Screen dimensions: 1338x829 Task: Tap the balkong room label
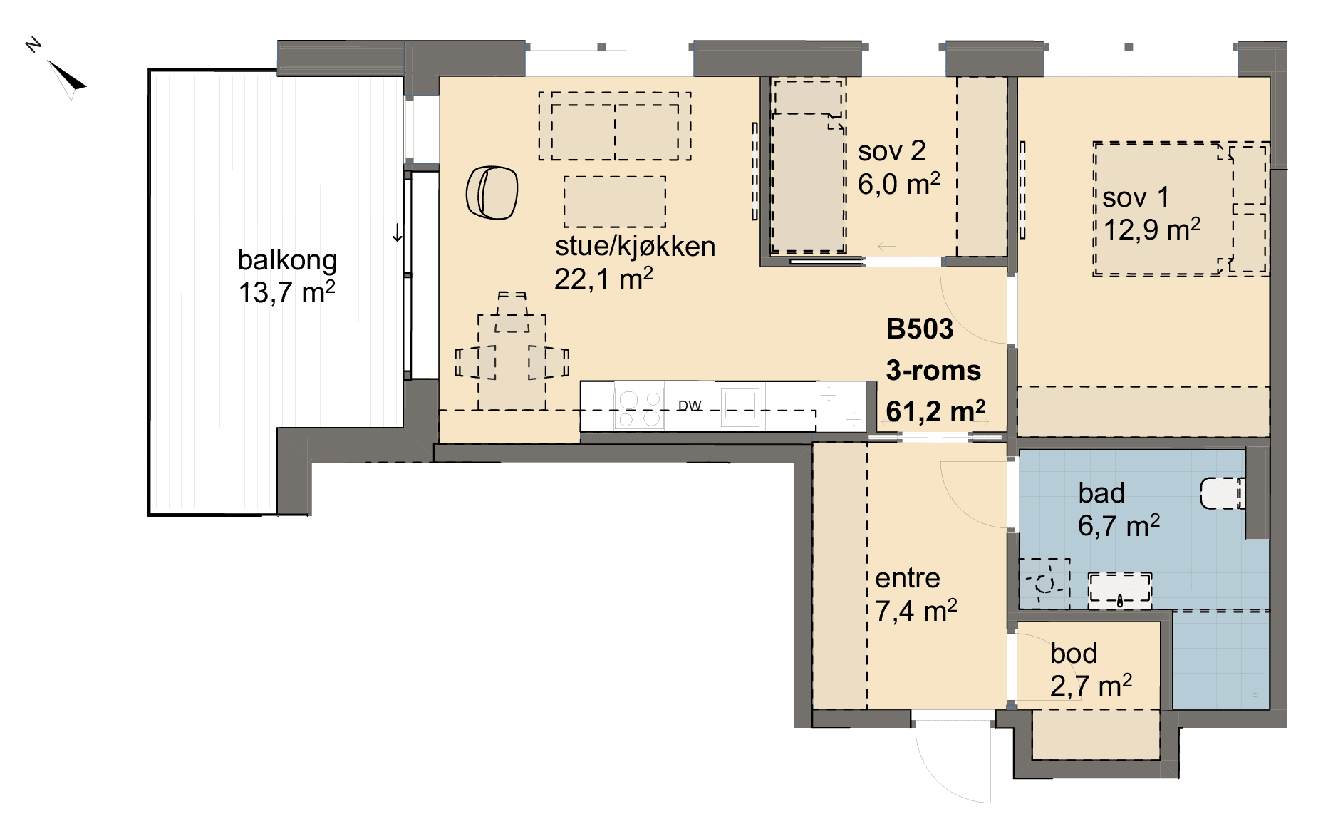coord(287,261)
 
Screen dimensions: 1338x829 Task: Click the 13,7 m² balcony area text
coord(286,292)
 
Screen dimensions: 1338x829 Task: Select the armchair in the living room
coord(492,192)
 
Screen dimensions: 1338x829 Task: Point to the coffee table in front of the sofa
coord(615,202)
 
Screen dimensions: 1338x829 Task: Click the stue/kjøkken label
coord(635,246)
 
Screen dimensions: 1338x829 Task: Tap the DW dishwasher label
coord(690,406)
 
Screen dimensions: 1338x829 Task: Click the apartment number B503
coord(920,329)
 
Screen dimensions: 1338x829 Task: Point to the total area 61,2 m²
coord(935,411)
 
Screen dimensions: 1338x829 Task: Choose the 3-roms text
coord(933,371)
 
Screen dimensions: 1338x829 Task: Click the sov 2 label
coord(892,151)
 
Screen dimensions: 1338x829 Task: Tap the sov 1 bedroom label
coord(1136,197)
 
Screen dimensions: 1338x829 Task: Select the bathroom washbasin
coord(1120,590)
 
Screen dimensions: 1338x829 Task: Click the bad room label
coord(1101,493)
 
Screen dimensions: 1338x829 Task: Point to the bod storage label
coord(1074,654)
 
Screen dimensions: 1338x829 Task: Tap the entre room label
coord(908,578)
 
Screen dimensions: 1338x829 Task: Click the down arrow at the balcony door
coord(397,232)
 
